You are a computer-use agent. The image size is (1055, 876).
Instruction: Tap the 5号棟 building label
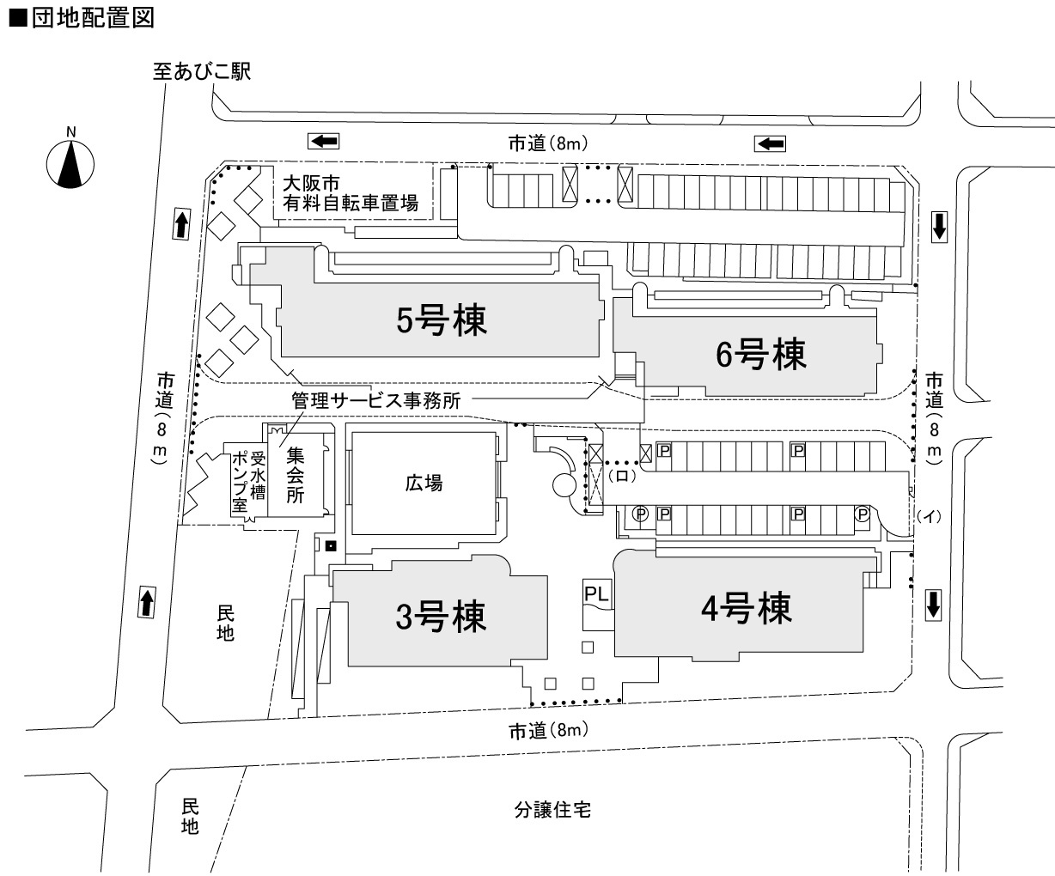[441, 320]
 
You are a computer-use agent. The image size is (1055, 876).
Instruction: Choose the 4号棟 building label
[746, 609]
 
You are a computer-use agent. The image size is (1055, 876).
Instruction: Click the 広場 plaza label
[424, 484]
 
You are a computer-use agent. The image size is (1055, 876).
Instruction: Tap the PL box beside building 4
[597, 593]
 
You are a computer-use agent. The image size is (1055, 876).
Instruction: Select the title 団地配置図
[82, 19]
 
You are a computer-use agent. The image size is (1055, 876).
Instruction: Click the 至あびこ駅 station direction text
[202, 72]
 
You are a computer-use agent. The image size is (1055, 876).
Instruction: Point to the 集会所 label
[296, 476]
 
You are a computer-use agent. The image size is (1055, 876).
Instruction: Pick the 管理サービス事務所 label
[376, 400]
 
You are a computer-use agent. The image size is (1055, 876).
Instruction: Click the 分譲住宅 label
[552, 809]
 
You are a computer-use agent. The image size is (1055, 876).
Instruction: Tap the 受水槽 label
[257, 479]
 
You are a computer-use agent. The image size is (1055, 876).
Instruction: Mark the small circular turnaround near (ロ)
[565, 486]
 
